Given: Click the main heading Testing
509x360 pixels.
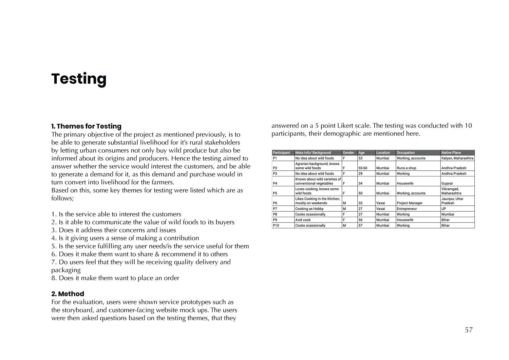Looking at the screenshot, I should (x=79, y=79).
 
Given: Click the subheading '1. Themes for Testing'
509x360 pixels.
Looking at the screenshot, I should (x=86, y=126).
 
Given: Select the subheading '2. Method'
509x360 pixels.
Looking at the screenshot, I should (x=68, y=294).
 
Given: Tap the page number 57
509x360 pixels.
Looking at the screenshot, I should (x=469, y=330).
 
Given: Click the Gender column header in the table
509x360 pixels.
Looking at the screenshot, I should (x=348, y=153).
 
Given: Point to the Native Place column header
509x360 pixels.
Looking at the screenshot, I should (x=451, y=153).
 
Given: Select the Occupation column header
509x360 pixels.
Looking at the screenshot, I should (x=406, y=153).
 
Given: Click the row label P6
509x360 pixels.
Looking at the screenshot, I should (x=275, y=203).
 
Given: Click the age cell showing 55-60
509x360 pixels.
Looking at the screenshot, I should (x=363, y=168).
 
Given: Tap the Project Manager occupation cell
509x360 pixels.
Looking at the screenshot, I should (x=410, y=203).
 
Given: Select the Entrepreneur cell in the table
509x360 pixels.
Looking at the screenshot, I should (x=407, y=209).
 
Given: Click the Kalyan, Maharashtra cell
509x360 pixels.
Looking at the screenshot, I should (x=457, y=158).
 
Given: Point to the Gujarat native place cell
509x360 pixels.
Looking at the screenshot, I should (x=447, y=183).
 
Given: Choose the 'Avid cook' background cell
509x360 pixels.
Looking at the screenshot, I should (x=303, y=220).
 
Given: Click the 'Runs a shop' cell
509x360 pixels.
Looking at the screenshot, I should (x=406, y=168).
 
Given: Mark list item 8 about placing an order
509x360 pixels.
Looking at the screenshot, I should (x=115, y=278).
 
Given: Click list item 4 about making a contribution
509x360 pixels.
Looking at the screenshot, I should (x=125, y=238).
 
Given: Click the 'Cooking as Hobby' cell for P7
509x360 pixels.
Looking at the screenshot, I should (x=309, y=209).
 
